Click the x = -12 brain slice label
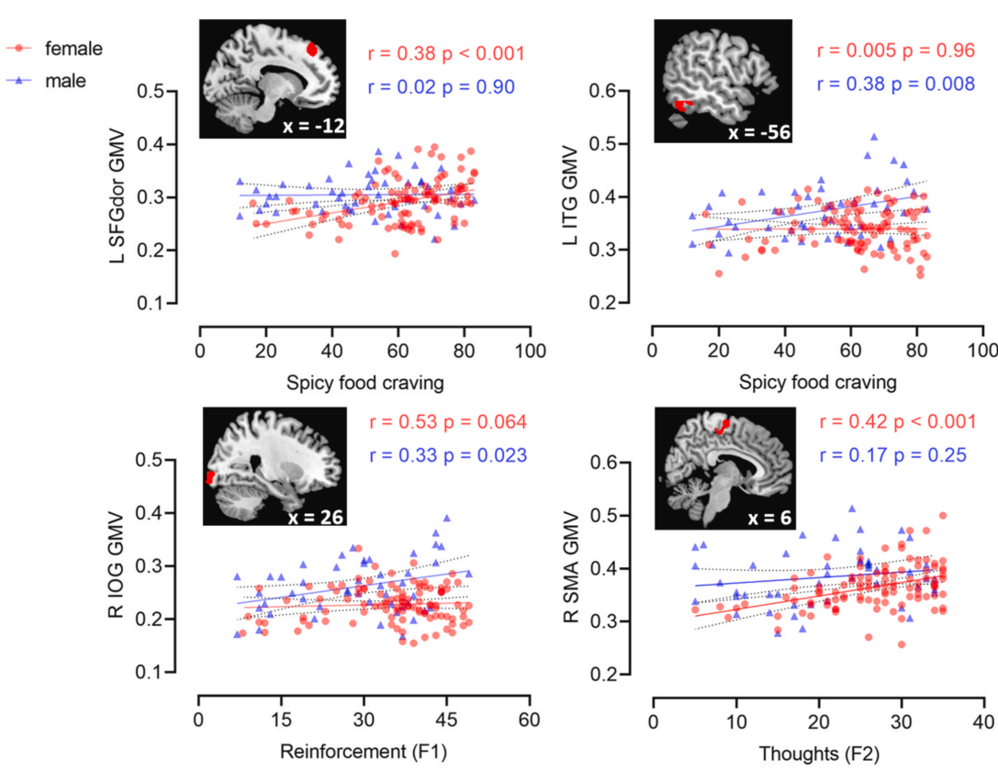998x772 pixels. click(x=315, y=126)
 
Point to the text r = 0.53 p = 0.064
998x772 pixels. click(x=448, y=422)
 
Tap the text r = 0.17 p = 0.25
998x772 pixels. click(x=888, y=453)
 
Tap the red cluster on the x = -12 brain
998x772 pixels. click(x=311, y=48)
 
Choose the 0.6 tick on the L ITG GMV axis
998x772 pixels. click(x=627, y=92)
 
